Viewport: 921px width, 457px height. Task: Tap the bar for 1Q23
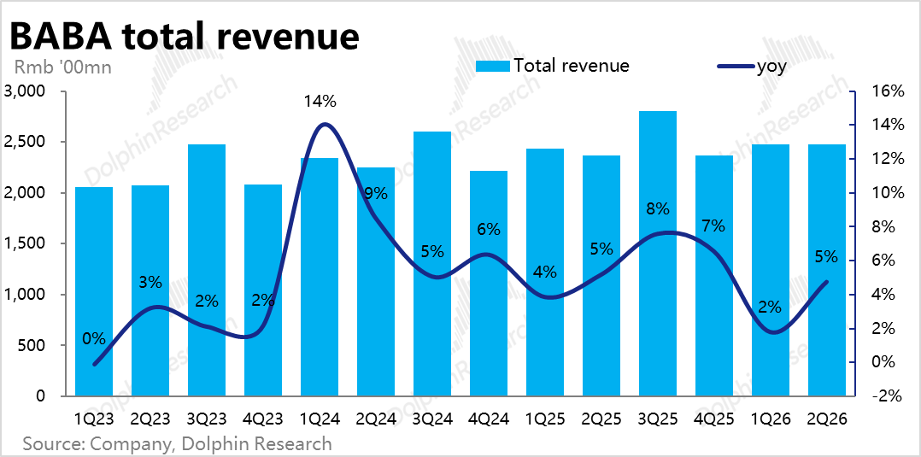click(94, 291)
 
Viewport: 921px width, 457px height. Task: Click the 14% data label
click(320, 101)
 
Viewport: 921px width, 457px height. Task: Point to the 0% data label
click(94, 338)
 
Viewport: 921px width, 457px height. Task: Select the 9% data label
click(376, 194)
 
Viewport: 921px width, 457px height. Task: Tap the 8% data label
click(658, 208)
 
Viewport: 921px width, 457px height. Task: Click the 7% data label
click(713, 226)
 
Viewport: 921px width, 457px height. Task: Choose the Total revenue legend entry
click(552, 66)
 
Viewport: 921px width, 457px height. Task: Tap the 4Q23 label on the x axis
click(263, 419)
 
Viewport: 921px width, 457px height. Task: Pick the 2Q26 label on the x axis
click(827, 419)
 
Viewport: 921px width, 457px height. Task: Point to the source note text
click(177, 444)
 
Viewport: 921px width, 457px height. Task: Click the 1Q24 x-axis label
click(320, 419)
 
